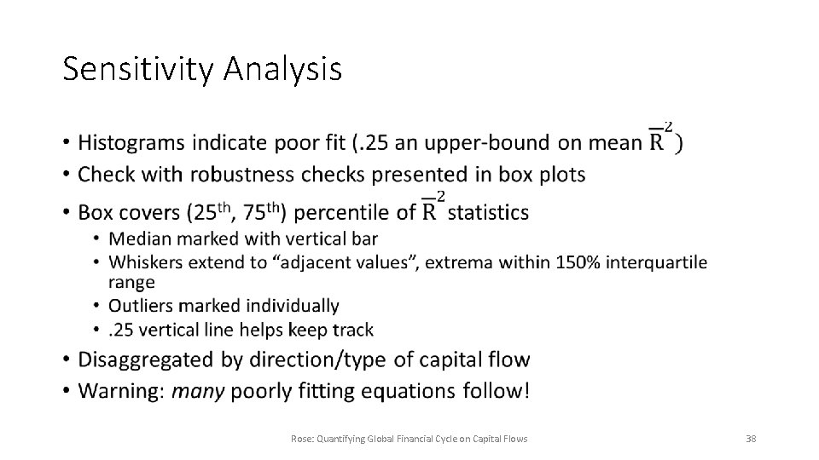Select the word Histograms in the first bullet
point(131,143)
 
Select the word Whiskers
point(146,262)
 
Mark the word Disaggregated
point(146,360)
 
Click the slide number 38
point(751,439)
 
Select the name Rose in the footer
point(301,439)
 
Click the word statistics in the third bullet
point(488,212)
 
